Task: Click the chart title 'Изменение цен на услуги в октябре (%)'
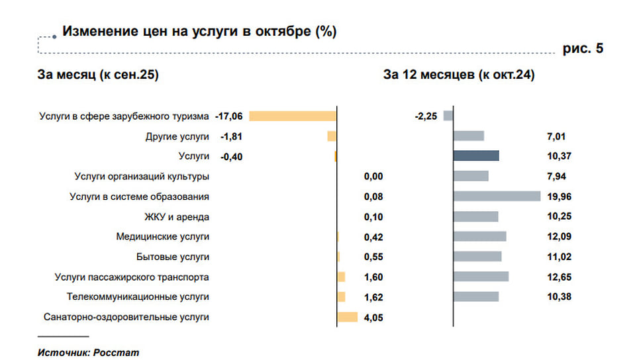click(x=199, y=31)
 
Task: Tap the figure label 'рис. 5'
click(x=583, y=49)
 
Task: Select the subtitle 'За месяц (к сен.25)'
click(x=98, y=75)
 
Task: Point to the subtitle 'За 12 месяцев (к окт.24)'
click(x=459, y=75)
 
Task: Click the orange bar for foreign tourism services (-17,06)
click(x=293, y=116)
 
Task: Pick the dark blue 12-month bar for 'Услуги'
click(x=476, y=156)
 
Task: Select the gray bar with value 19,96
click(x=497, y=196)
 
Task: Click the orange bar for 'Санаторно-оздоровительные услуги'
click(x=348, y=317)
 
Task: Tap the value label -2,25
click(x=426, y=116)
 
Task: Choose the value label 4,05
click(x=373, y=318)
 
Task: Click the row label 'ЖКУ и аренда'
click(x=177, y=216)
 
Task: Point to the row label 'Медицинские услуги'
click(x=162, y=236)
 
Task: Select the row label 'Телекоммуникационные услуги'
click(x=138, y=297)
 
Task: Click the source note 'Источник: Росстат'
click(x=88, y=352)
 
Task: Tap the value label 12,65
click(x=560, y=277)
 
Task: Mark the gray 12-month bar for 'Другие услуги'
click(x=469, y=136)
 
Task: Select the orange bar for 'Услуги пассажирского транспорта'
click(x=342, y=277)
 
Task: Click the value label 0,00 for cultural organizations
click(x=373, y=177)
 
